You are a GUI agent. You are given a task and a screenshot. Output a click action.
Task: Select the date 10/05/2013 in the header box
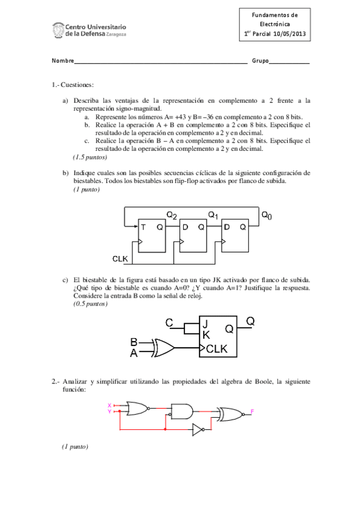(x=289, y=34)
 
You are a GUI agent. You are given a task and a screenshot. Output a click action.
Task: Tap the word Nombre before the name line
(x=63, y=62)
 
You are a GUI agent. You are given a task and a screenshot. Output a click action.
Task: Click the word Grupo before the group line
(x=260, y=62)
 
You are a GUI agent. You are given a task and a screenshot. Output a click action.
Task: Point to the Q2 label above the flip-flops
(x=172, y=214)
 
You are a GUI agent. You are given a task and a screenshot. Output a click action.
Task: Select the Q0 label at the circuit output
(x=267, y=214)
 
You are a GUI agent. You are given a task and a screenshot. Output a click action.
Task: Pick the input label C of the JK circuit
(x=170, y=323)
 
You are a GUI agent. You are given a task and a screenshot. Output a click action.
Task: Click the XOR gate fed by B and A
(x=164, y=348)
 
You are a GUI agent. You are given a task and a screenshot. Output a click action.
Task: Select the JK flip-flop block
(x=222, y=337)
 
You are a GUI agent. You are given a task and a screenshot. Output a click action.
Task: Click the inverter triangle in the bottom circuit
(x=198, y=429)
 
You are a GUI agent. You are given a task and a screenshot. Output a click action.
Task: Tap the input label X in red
(x=109, y=405)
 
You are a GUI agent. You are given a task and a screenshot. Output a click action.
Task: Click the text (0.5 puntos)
(x=91, y=304)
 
